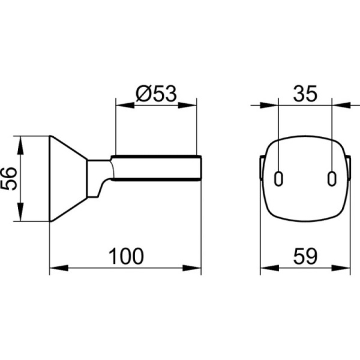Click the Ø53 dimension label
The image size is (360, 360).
pyautogui.click(x=157, y=94)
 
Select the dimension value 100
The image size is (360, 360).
pyautogui.click(x=126, y=256)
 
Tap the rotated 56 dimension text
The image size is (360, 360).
pyautogui.click(x=9, y=179)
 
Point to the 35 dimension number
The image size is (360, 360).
pyautogui.click(x=305, y=94)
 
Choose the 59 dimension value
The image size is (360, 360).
pyautogui.click(x=305, y=256)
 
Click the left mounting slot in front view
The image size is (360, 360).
pyautogui.click(x=278, y=179)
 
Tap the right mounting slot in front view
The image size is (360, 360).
pyautogui.click(x=332, y=179)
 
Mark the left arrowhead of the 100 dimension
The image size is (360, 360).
pyautogui.click(x=59, y=268)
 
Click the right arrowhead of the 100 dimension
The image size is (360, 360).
pyautogui.click(x=192, y=268)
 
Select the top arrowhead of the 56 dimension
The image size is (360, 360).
pyautogui.click(x=20, y=145)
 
